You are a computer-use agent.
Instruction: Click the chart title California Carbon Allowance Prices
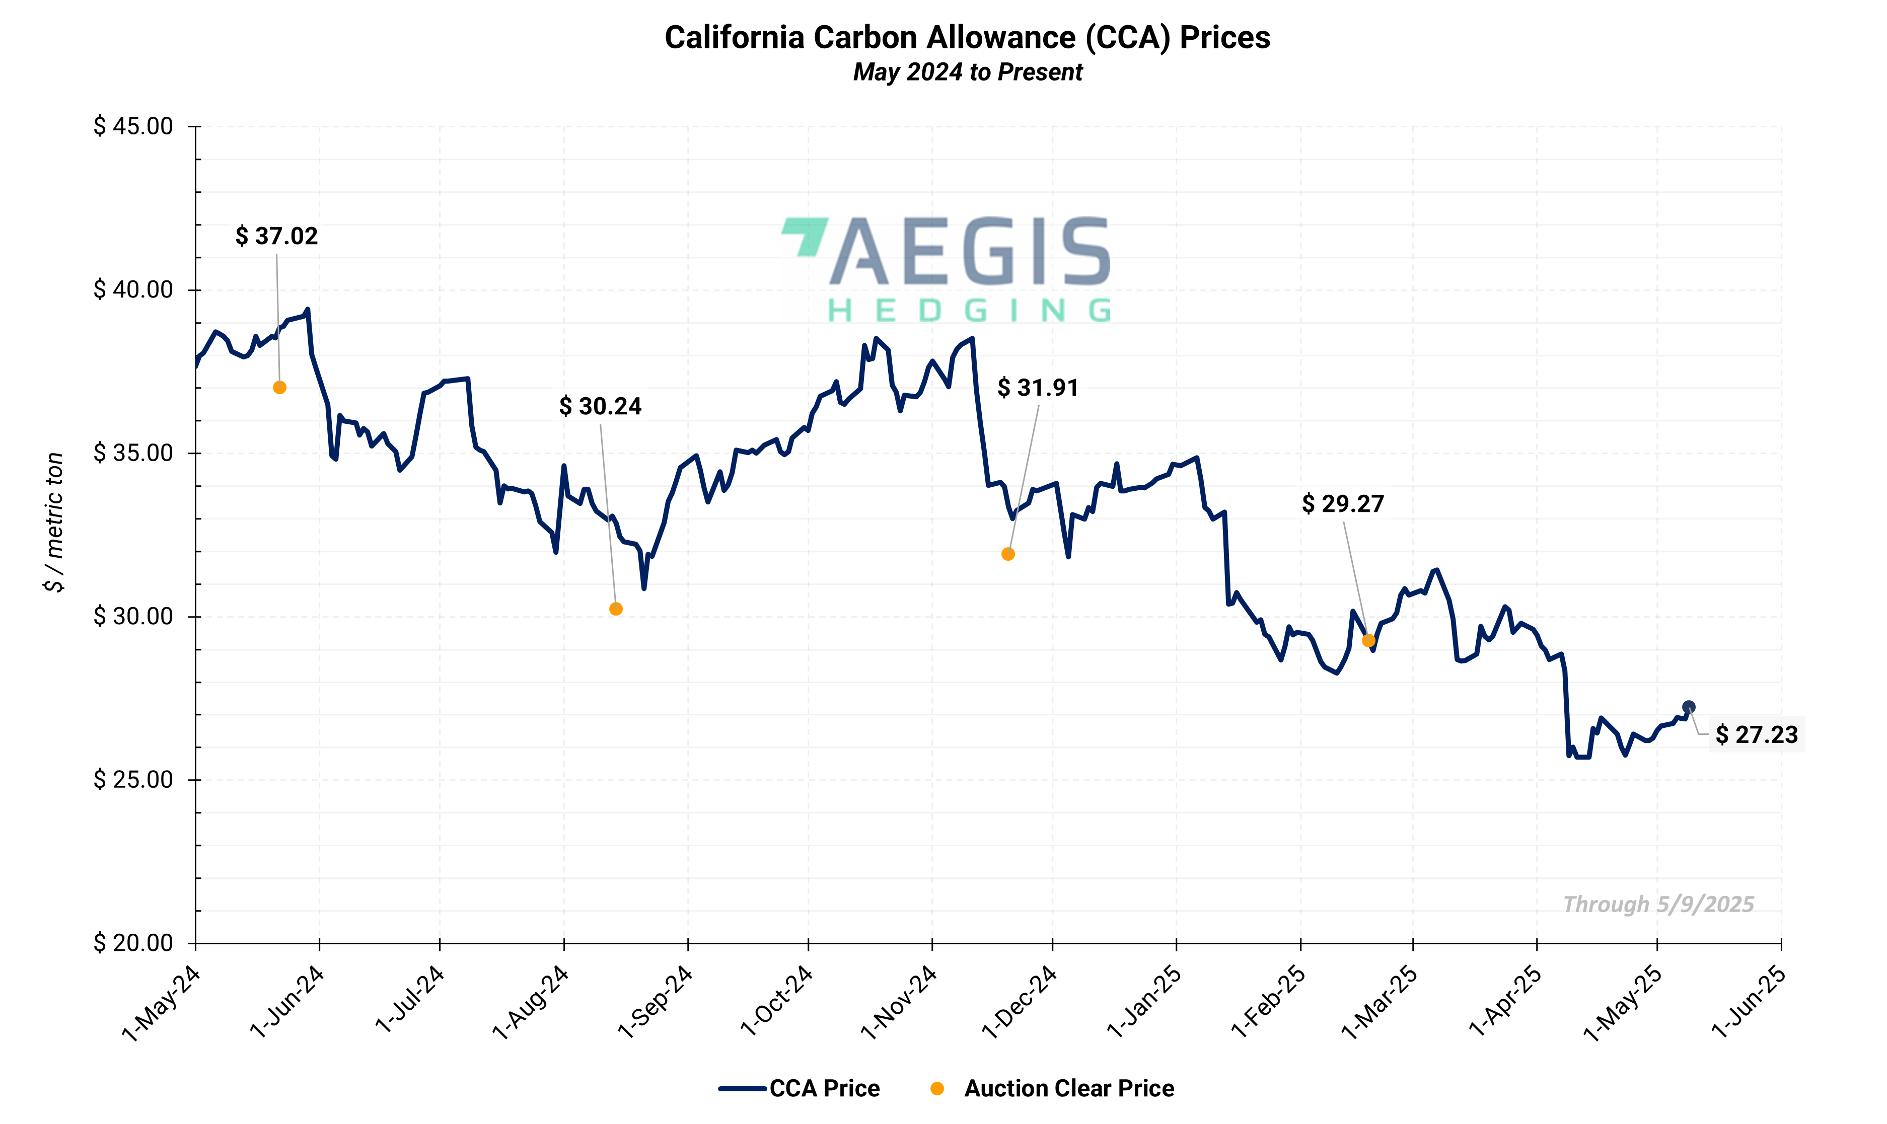[x=967, y=38]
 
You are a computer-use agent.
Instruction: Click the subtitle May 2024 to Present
[x=967, y=72]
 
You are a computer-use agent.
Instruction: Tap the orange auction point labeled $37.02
[x=279, y=388]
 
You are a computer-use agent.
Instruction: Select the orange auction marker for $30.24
[x=616, y=609]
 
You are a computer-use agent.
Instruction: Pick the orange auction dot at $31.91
[x=1007, y=554]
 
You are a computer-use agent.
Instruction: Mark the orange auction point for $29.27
[x=1368, y=641]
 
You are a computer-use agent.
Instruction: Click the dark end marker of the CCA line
[x=1689, y=707]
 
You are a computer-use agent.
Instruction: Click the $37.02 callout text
[x=276, y=236]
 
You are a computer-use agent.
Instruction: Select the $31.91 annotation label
[x=1037, y=388]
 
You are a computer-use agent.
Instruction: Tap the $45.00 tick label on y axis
[x=133, y=126]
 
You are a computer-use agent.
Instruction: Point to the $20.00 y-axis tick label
[x=133, y=943]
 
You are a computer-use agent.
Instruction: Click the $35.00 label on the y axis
[x=133, y=453]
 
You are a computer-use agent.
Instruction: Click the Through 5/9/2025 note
[x=1658, y=905]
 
